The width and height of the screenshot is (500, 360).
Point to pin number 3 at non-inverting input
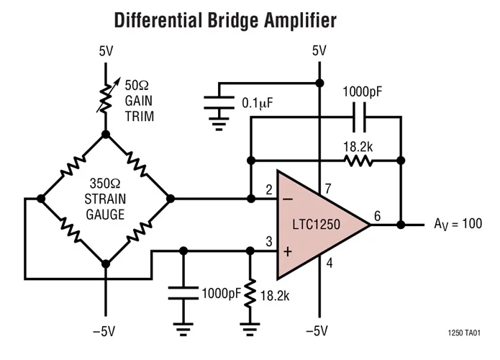[268, 241]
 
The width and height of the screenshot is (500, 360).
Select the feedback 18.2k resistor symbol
[358, 160]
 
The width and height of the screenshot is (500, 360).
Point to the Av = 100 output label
[457, 224]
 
